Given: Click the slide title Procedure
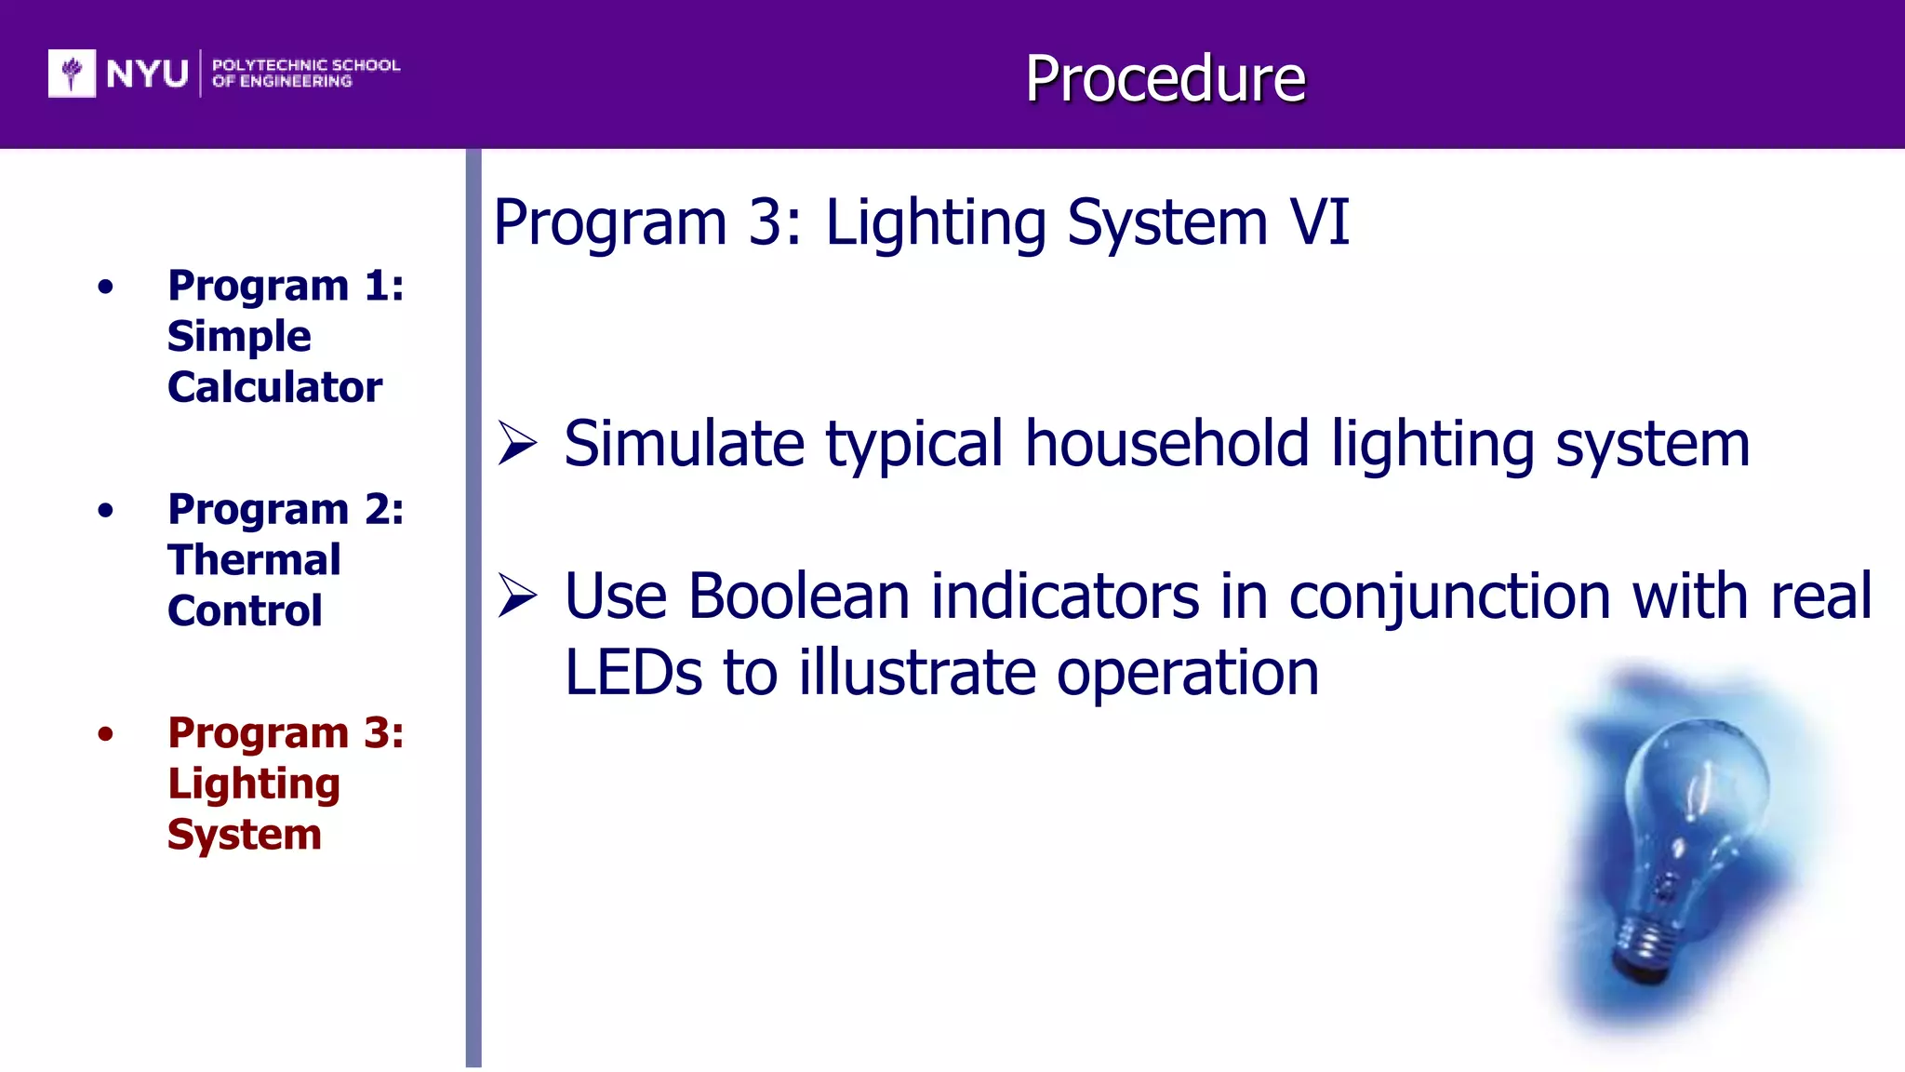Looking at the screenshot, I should (1165, 78).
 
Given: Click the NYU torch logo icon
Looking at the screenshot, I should (72, 74).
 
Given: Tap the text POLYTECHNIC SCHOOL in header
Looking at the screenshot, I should (306, 65).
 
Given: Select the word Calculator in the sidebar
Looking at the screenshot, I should (274, 386).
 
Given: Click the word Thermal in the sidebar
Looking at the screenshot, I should (254, 559).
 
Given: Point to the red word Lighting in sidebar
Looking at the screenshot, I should (254, 784).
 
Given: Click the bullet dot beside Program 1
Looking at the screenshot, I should (106, 287).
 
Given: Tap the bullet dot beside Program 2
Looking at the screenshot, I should (106, 510).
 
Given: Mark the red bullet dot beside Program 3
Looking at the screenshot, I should (106, 734).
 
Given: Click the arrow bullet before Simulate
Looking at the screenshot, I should (517, 443).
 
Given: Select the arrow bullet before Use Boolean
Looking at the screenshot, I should (517, 596).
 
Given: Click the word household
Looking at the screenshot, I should (1166, 443).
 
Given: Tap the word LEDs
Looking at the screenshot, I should (633, 672).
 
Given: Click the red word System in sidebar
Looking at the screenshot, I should (245, 834).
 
